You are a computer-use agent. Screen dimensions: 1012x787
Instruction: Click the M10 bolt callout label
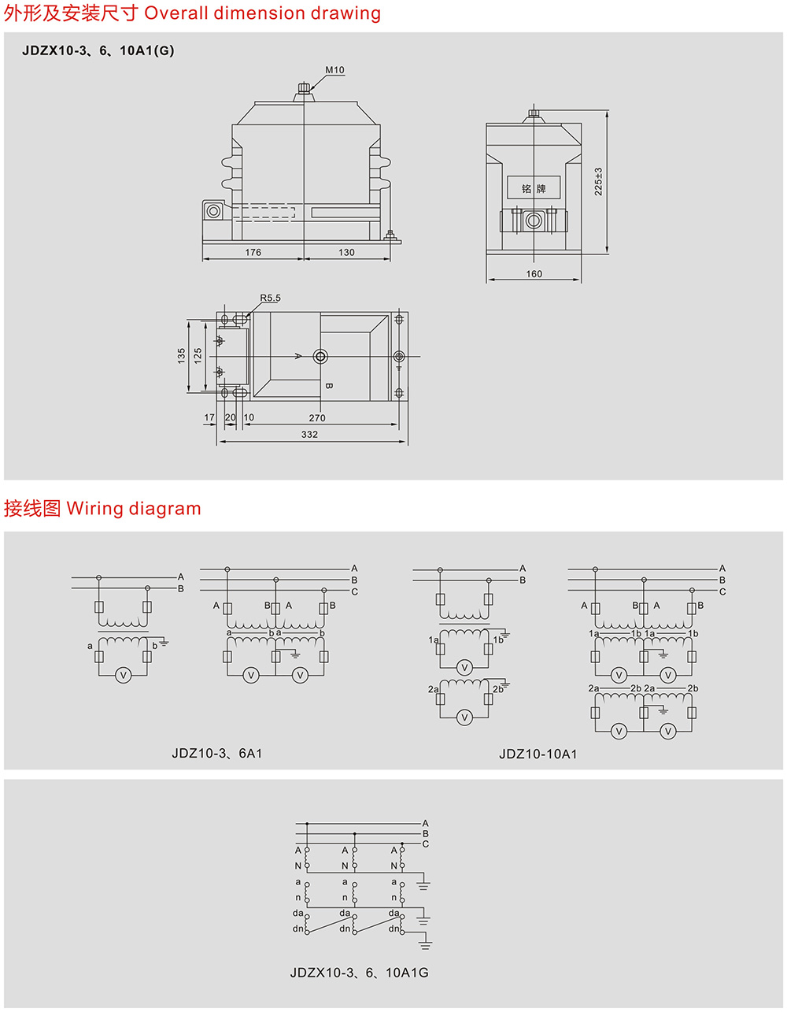(334, 70)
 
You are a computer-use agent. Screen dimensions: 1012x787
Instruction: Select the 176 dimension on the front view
(253, 253)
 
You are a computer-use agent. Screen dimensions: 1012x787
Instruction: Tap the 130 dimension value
(346, 253)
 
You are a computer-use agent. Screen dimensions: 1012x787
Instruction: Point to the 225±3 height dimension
(598, 182)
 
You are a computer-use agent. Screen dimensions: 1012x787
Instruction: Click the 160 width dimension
(534, 274)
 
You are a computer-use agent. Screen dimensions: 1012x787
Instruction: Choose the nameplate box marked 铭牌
(533, 188)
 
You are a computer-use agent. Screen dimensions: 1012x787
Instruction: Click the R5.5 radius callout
(270, 298)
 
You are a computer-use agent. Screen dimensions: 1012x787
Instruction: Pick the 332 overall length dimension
(309, 435)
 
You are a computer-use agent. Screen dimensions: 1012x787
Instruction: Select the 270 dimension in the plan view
(317, 418)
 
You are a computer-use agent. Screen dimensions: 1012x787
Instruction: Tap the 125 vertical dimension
(198, 356)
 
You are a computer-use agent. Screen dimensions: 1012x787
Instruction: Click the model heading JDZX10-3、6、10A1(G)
(98, 50)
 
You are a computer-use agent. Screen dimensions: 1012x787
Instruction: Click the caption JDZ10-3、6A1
(217, 753)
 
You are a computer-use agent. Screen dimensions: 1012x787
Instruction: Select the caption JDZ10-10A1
(538, 754)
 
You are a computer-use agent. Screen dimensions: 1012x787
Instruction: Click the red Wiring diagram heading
(134, 509)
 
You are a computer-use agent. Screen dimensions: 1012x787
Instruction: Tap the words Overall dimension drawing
(262, 13)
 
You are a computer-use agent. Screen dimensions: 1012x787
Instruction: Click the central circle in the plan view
(320, 357)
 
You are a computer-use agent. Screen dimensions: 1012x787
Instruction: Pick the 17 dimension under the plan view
(209, 418)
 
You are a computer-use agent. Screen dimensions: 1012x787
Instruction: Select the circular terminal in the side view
(534, 221)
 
